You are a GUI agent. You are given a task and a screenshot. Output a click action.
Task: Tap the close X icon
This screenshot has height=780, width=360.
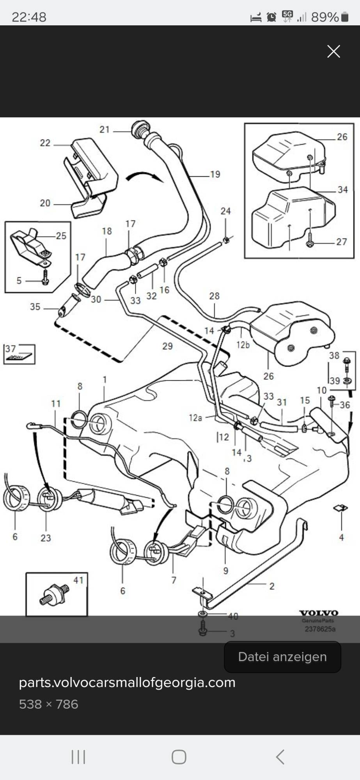click(333, 51)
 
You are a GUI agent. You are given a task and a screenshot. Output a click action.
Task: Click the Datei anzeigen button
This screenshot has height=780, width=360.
click(282, 657)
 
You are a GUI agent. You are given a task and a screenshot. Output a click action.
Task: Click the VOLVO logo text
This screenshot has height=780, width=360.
click(318, 613)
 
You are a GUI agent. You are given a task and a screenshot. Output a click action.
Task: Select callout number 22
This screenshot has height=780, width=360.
click(45, 143)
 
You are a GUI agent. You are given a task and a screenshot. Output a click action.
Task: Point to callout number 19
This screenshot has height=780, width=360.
click(215, 174)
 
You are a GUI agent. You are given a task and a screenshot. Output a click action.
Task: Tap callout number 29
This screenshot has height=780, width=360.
click(167, 346)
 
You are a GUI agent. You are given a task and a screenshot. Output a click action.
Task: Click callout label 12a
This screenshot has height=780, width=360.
click(195, 418)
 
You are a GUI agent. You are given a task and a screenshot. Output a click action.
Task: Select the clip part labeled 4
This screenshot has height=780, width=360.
click(340, 508)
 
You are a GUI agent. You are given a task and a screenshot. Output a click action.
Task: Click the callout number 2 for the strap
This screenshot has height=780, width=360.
click(272, 586)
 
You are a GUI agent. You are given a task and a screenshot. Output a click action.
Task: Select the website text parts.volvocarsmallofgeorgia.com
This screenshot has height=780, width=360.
click(127, 682)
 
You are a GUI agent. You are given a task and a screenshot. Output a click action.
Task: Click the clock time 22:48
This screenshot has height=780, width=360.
click(29, 17)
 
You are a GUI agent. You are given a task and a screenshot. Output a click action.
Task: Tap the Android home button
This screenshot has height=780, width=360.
click(179, 757)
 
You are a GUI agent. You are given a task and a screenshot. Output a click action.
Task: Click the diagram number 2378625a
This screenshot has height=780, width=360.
click(320, 629)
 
